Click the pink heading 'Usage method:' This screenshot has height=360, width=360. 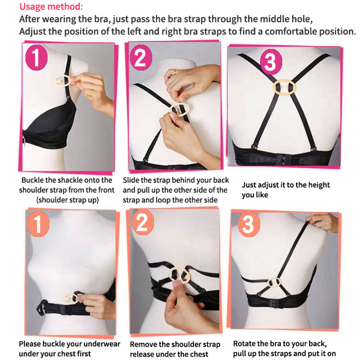coord(51,6)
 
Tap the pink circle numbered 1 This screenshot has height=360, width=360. coord(36,58)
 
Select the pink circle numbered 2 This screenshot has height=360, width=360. coord(141,58)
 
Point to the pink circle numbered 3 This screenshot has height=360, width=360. coord(271,62)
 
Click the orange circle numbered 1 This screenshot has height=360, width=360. coord(38,224)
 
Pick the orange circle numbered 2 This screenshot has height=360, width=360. coord(143,222)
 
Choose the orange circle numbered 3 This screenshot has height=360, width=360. coord(249,224)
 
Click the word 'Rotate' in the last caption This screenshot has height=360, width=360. coord(244,344)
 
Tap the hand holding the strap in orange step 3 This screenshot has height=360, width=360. coord(323,221)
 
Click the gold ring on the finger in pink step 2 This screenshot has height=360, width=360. coord(175,72)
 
